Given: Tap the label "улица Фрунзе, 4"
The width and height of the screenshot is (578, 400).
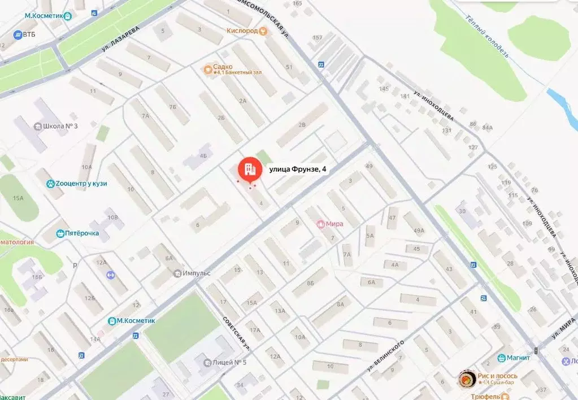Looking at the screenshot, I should (x=298, y=168).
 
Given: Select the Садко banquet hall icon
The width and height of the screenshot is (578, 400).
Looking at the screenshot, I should (x=208, y=69).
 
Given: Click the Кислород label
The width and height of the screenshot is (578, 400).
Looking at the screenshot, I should (x=242, y=31).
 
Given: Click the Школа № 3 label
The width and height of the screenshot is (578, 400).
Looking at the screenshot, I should (x=60, y=125).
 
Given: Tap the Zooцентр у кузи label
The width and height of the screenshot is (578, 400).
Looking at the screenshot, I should (x=81, y=183).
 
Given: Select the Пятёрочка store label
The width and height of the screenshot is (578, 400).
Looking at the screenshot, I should (x=82, y=233).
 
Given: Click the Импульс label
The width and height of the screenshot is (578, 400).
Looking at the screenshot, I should (x=196, y=273).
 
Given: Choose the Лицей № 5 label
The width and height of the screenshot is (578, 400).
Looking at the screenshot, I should (x=229, y=362).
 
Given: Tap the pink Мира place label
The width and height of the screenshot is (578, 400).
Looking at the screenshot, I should (x=334, y=224).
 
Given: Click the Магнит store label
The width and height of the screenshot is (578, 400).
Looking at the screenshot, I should (x=518, y=358).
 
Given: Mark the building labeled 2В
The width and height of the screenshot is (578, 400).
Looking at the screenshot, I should (x=302, y=125).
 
